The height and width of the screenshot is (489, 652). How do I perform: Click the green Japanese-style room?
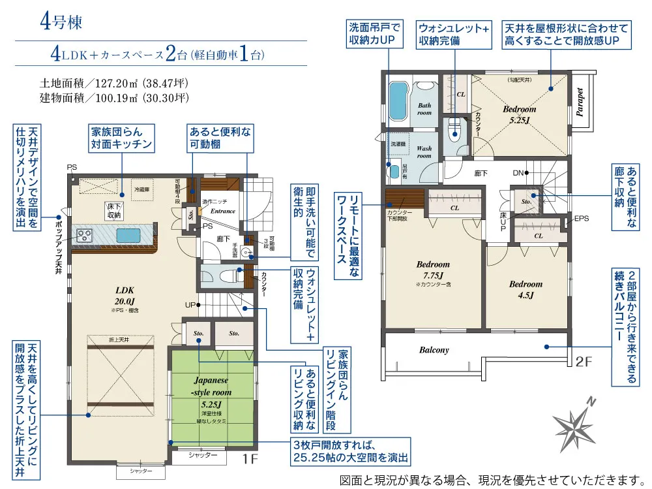click(211, 394)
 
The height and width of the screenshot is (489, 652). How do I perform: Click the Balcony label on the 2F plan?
click(434, 350)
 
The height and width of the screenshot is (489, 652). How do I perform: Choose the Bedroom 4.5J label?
click(526, 289)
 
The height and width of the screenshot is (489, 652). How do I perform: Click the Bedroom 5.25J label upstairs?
click(519, 115)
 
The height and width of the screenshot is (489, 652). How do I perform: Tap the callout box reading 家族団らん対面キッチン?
click(122, 138)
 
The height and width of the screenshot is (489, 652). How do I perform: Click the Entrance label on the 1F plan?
click(223, 211)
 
